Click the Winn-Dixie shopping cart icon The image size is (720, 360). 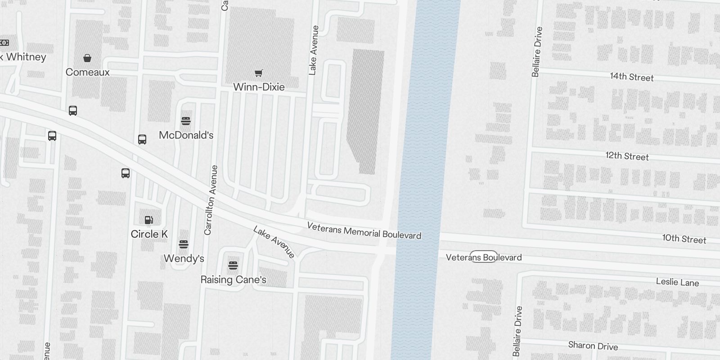tap(259, 73)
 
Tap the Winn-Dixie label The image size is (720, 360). tap(259, 87)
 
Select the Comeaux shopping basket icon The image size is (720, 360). tap(87, 58)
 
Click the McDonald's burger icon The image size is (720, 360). tap(186, 121)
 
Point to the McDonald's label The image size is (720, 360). tap(186, 135)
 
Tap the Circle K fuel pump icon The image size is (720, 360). tap(149, 220)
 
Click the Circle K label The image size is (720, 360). tap(149, 234)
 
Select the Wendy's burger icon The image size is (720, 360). tap(184, 244)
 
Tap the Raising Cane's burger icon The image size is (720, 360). tap(233, 265)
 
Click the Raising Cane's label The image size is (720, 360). tap(233, 279)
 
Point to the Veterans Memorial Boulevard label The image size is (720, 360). tap(364, 230)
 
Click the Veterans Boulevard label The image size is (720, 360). tap(484, 257)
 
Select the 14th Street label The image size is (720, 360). tap(632, 77)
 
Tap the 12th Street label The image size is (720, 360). tap(627, 156)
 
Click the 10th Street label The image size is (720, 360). tap(684, 239)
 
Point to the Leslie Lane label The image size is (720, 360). tap(677, 282)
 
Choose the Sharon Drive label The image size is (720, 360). tap(593, 346)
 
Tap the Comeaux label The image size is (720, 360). tap(88, 72)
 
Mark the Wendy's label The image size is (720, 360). tap(184, 258)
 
